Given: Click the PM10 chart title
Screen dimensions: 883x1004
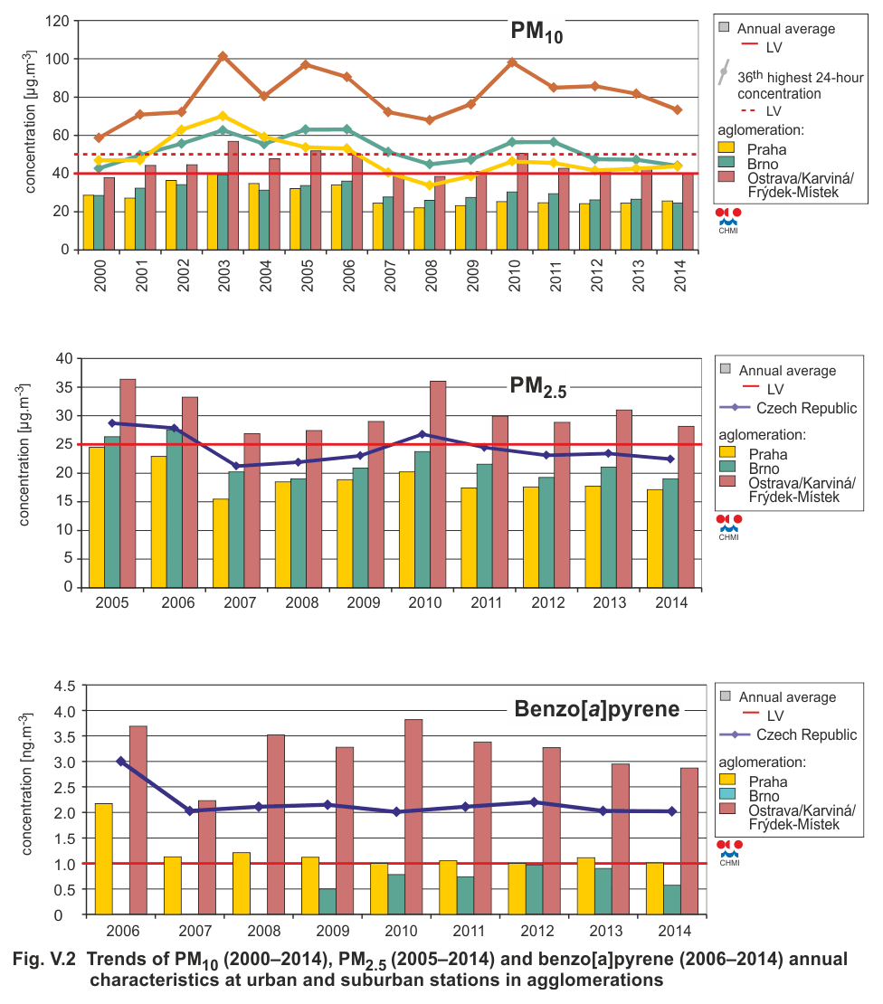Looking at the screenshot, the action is pyautogui.click(x=536, y=32).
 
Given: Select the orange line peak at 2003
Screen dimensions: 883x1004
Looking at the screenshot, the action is pyautogui.click(x=223, y=56).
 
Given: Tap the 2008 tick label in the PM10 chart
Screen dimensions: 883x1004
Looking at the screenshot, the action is pyautogui.click(x=431, y=276).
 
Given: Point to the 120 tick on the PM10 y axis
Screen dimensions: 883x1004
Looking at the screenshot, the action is pyautogui.click(x=57, y=21).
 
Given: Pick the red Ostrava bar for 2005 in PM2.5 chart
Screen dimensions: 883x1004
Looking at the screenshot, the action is pyautogui.click(x=128, y=483).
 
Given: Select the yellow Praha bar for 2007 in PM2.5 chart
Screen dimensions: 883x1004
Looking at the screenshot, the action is pyautogui.click(x=221, y=543).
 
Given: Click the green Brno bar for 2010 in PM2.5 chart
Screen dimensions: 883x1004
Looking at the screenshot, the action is pyautogui.click(x=422, y=519).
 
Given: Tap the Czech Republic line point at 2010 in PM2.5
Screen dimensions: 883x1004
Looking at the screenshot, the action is pyautogui.click(x=422, y=434).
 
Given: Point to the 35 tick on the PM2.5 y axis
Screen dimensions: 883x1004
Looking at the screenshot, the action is pyautogui.click(x=64, y=387).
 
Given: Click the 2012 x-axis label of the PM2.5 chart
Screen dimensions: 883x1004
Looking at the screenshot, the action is pyautogui.click(x=548, y=602).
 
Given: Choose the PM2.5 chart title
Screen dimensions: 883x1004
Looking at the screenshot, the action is pyautogui.click(x=538, y=387).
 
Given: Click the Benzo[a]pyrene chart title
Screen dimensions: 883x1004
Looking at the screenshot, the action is pyautogui.click(x=597, y=709).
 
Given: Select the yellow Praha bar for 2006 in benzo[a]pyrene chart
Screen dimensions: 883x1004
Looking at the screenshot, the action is pyautogui.click(x=104, y=858).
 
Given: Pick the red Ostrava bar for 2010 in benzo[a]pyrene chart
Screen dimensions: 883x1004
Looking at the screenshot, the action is pyautogui.click(x=413, y=817).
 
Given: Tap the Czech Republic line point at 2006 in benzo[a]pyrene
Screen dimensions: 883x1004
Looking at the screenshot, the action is pyautogui.click(x=121, y=761).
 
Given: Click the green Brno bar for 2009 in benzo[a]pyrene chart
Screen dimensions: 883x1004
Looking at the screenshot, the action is pyautogui.click(x=328, y=902).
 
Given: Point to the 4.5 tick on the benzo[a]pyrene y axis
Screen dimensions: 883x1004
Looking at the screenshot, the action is pyautogui.click(x=64, y=686).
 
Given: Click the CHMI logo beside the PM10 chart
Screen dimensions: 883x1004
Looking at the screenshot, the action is pyautogui.click(x=728, y=221).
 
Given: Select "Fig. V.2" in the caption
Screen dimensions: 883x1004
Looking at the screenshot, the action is pyautogui.click(x=44, y=959).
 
